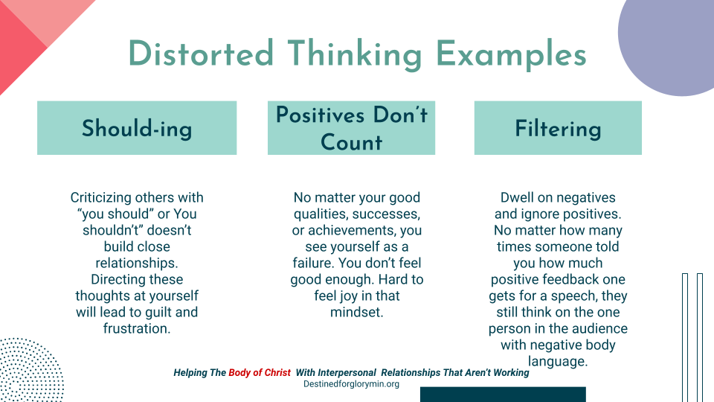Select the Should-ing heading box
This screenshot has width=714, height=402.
tap(137, 128)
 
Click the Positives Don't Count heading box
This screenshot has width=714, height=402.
tap(351, 128)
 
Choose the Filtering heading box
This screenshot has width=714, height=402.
tap(558, 128)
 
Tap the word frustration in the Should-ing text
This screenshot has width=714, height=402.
tap(137, 328)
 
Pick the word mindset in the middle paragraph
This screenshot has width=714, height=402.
tap(357, 312)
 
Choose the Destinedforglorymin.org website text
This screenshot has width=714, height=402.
tap(351, 384)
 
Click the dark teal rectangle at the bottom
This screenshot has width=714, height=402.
tap(503, 395)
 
